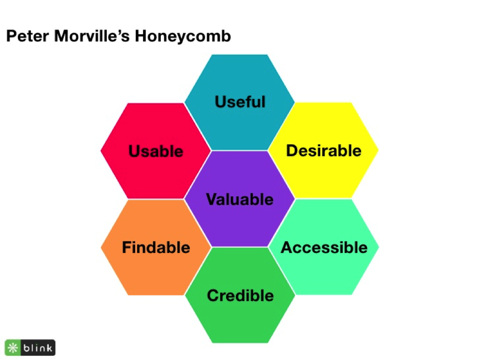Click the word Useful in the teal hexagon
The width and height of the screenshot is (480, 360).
[240, 102]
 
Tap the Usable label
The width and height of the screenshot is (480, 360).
[156, 152]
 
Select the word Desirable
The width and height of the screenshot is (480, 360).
[324, 151]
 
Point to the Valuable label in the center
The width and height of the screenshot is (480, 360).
[240, 199]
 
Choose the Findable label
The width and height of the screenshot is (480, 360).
[156, 248]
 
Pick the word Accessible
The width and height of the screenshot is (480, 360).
[324, 248]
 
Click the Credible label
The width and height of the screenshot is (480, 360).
[240, 295]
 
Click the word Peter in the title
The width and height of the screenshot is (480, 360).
[24, 37]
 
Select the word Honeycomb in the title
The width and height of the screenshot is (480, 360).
[185, 37]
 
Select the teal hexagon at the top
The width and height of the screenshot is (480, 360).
[240, 77]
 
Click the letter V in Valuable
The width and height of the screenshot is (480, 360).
[211, 199]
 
